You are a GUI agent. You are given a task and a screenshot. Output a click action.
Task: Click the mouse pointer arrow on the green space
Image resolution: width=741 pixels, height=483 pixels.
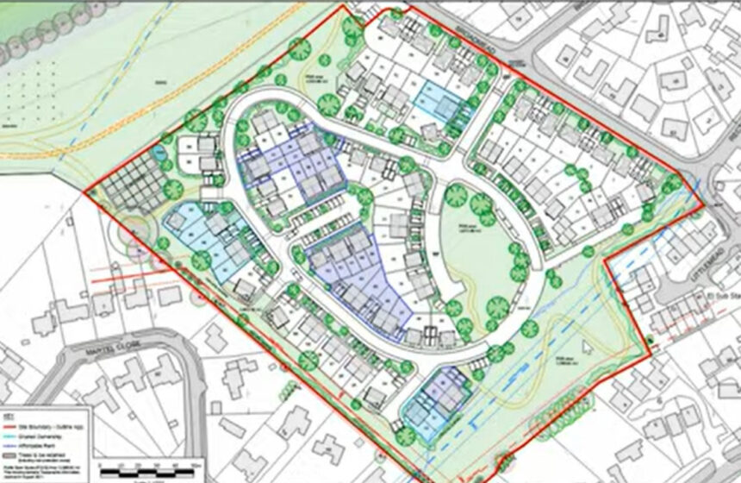(586, 346)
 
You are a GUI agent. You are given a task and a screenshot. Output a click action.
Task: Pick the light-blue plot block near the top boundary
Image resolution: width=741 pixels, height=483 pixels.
(439, 105)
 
